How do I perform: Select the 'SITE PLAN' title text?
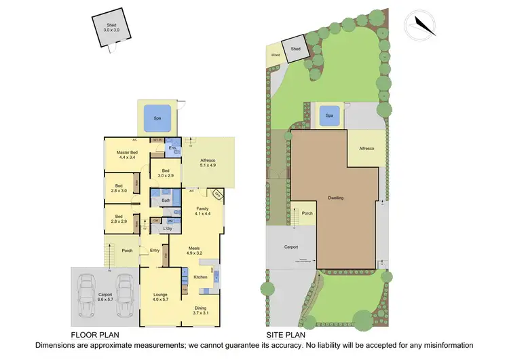pyautogui.click(x=286, y=335)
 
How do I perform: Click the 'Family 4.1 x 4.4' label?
pyautogui.click(x=202, y=211)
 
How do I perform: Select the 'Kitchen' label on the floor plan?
pyautogui.click(x=200, y=277)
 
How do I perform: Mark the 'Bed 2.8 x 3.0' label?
pyautogui.click(x=119, y=188)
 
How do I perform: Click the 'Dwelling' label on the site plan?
pyautogui.click(x=335, y=198)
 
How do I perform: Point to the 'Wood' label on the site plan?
pyautogui.click(x=276, y=55)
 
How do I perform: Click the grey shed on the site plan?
pyautogui.click(x=296, y=50)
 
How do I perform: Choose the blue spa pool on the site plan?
pyautogui.click(x=330, y=115)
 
